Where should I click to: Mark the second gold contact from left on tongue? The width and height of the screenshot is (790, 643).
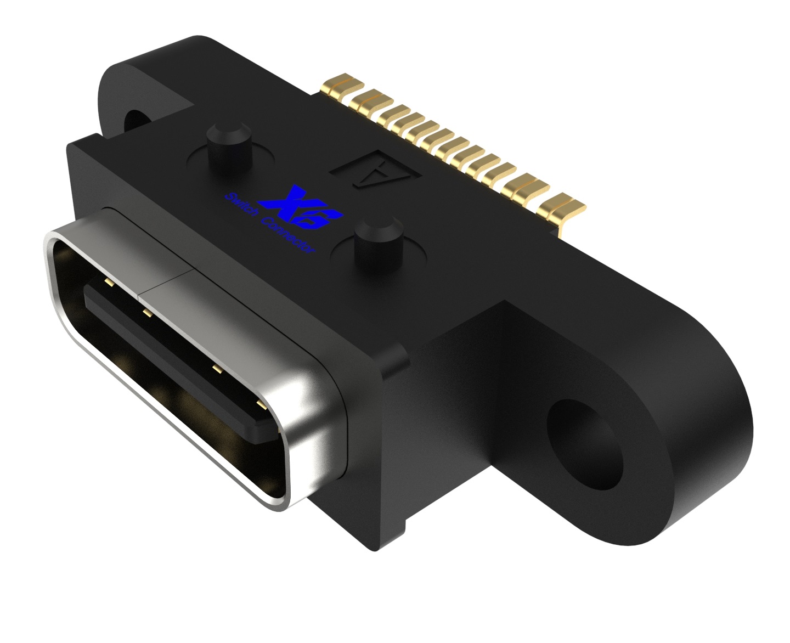coord(147,313)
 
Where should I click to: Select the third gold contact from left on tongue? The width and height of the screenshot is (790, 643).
coord(216,369)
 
